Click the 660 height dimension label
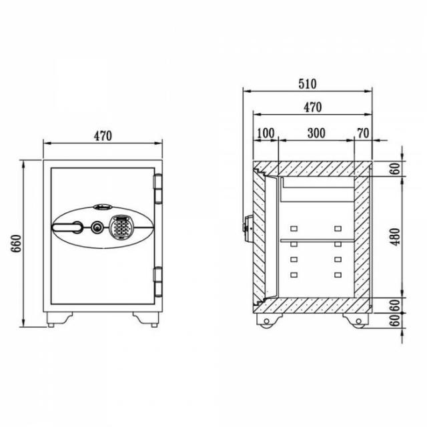point(16,244)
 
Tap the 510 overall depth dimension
point(308,84)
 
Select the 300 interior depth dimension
point(316,133)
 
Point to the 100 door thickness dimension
point(266,133)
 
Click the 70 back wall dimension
point(363,133)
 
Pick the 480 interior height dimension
point(396,237)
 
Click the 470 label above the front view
point(103,136)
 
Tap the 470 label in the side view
point(313,107)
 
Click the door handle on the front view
point(67,227)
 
